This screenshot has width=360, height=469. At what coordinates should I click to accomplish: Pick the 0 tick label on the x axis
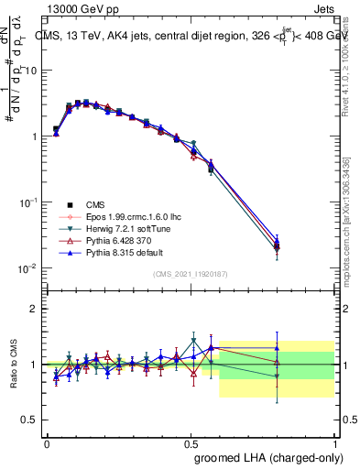[47, 442]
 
